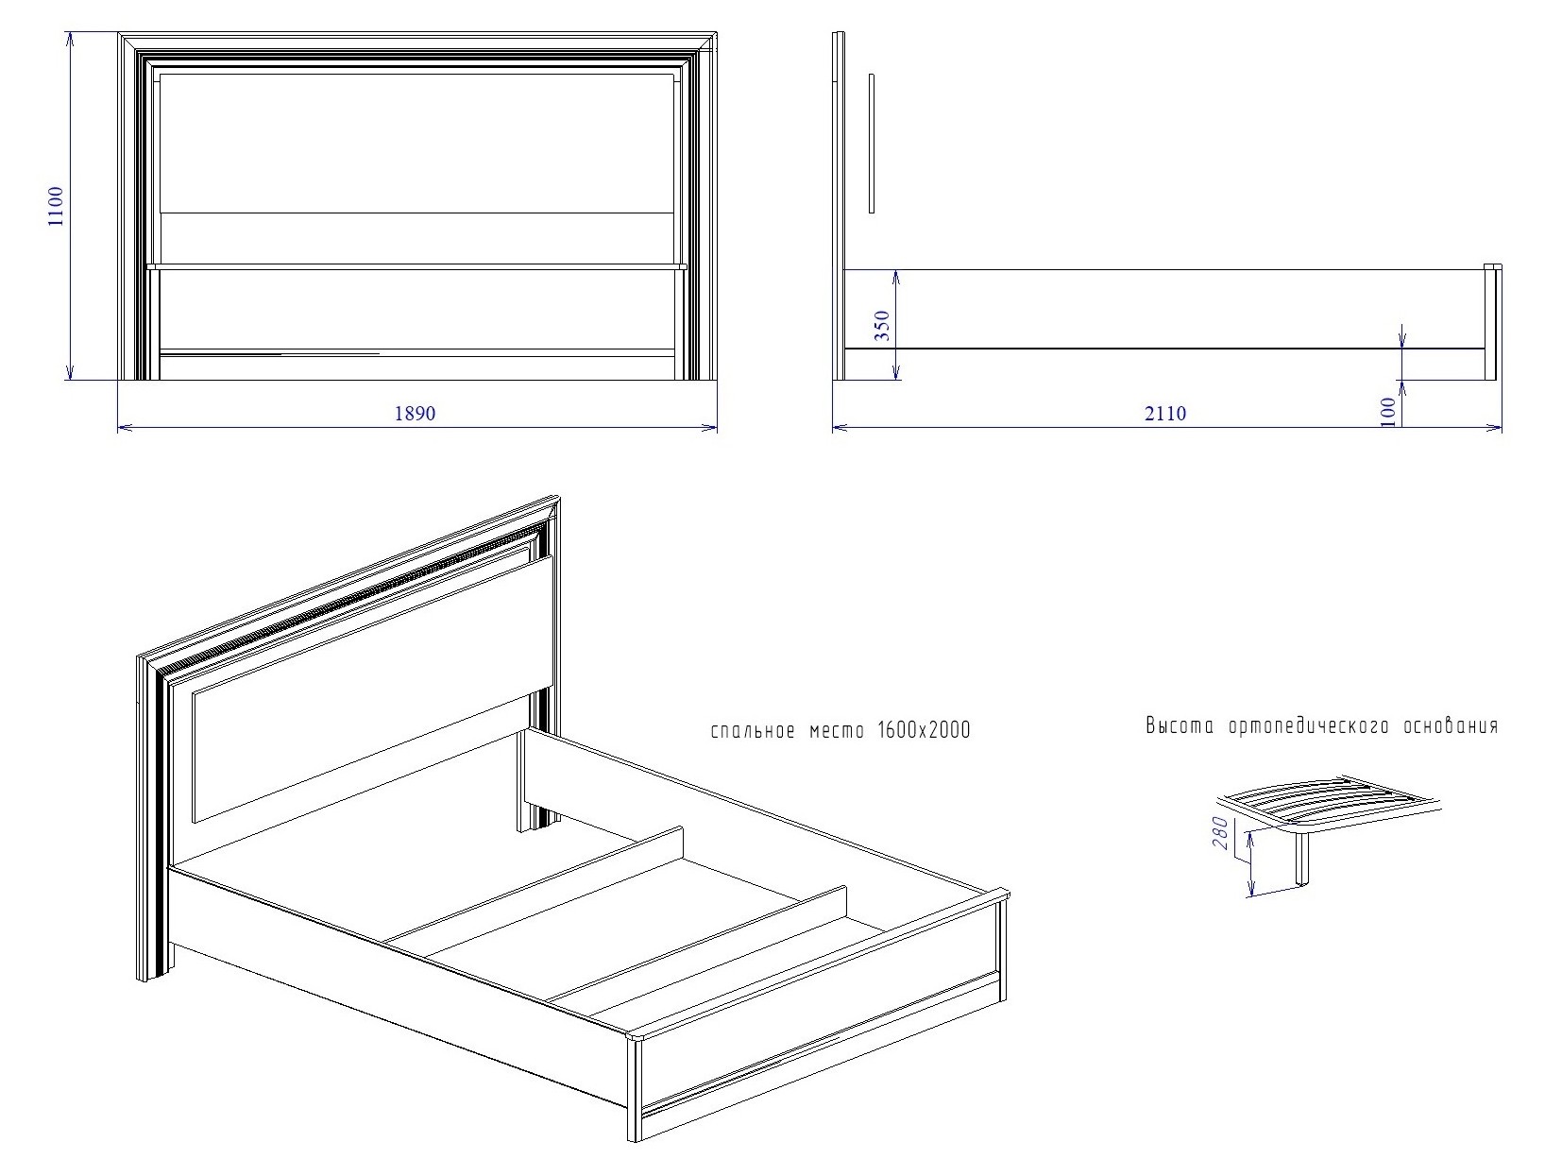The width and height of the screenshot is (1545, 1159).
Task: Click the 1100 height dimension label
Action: [55, 206]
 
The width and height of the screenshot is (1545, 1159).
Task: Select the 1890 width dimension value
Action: [415, 413]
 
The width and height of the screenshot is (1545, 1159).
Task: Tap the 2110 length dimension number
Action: [1165, 413]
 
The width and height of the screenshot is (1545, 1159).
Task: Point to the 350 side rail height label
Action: [881, 325]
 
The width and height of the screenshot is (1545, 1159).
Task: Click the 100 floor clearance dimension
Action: [1387, 412]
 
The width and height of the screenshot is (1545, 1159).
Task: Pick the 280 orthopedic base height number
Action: [1220, 833]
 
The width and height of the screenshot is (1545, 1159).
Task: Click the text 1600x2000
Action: [924, 730]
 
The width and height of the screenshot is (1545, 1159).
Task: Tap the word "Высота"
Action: [1180, 725]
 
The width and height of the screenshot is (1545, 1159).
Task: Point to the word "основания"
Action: [1451, 725]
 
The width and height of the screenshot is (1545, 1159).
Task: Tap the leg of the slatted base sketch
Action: [1301, 858]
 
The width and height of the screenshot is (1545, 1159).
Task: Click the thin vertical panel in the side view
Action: [872, 143]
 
